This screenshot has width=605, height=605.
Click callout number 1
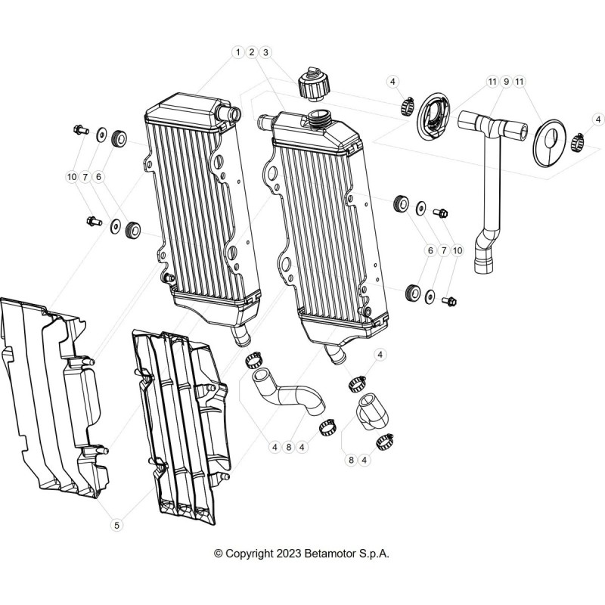pyautogui.click(x=237, y=52)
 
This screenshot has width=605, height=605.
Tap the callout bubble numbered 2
pyautogui.click(x=252, y=52)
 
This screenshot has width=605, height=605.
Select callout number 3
pyautogui.click(x=265, y=52)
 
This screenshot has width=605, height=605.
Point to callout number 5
pyautogui.click(x=116, y=525)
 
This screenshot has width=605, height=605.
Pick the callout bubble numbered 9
pyautogui.click(x=506, y=82)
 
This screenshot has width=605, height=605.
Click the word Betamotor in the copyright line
pyautogui.click(x=330, y=554)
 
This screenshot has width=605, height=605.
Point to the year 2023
pyautogui.click(x=289, y=554)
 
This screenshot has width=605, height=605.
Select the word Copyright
pyautogui.click(x=250, y=554)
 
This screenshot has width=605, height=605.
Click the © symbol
pyautogui.click(x=219, y=554)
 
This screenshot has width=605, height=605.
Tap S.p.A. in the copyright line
pyautogui.click(x=374, y=554)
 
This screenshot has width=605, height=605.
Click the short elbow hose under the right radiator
pyautogui.click(x=372, y=411)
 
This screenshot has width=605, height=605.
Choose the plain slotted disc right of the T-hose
pyautogui.click(x=548, y=143)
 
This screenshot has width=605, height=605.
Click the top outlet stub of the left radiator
pyautogui.click(x=229, y=112)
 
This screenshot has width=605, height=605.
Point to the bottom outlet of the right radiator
pyautogui.click(x=335, y=354)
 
